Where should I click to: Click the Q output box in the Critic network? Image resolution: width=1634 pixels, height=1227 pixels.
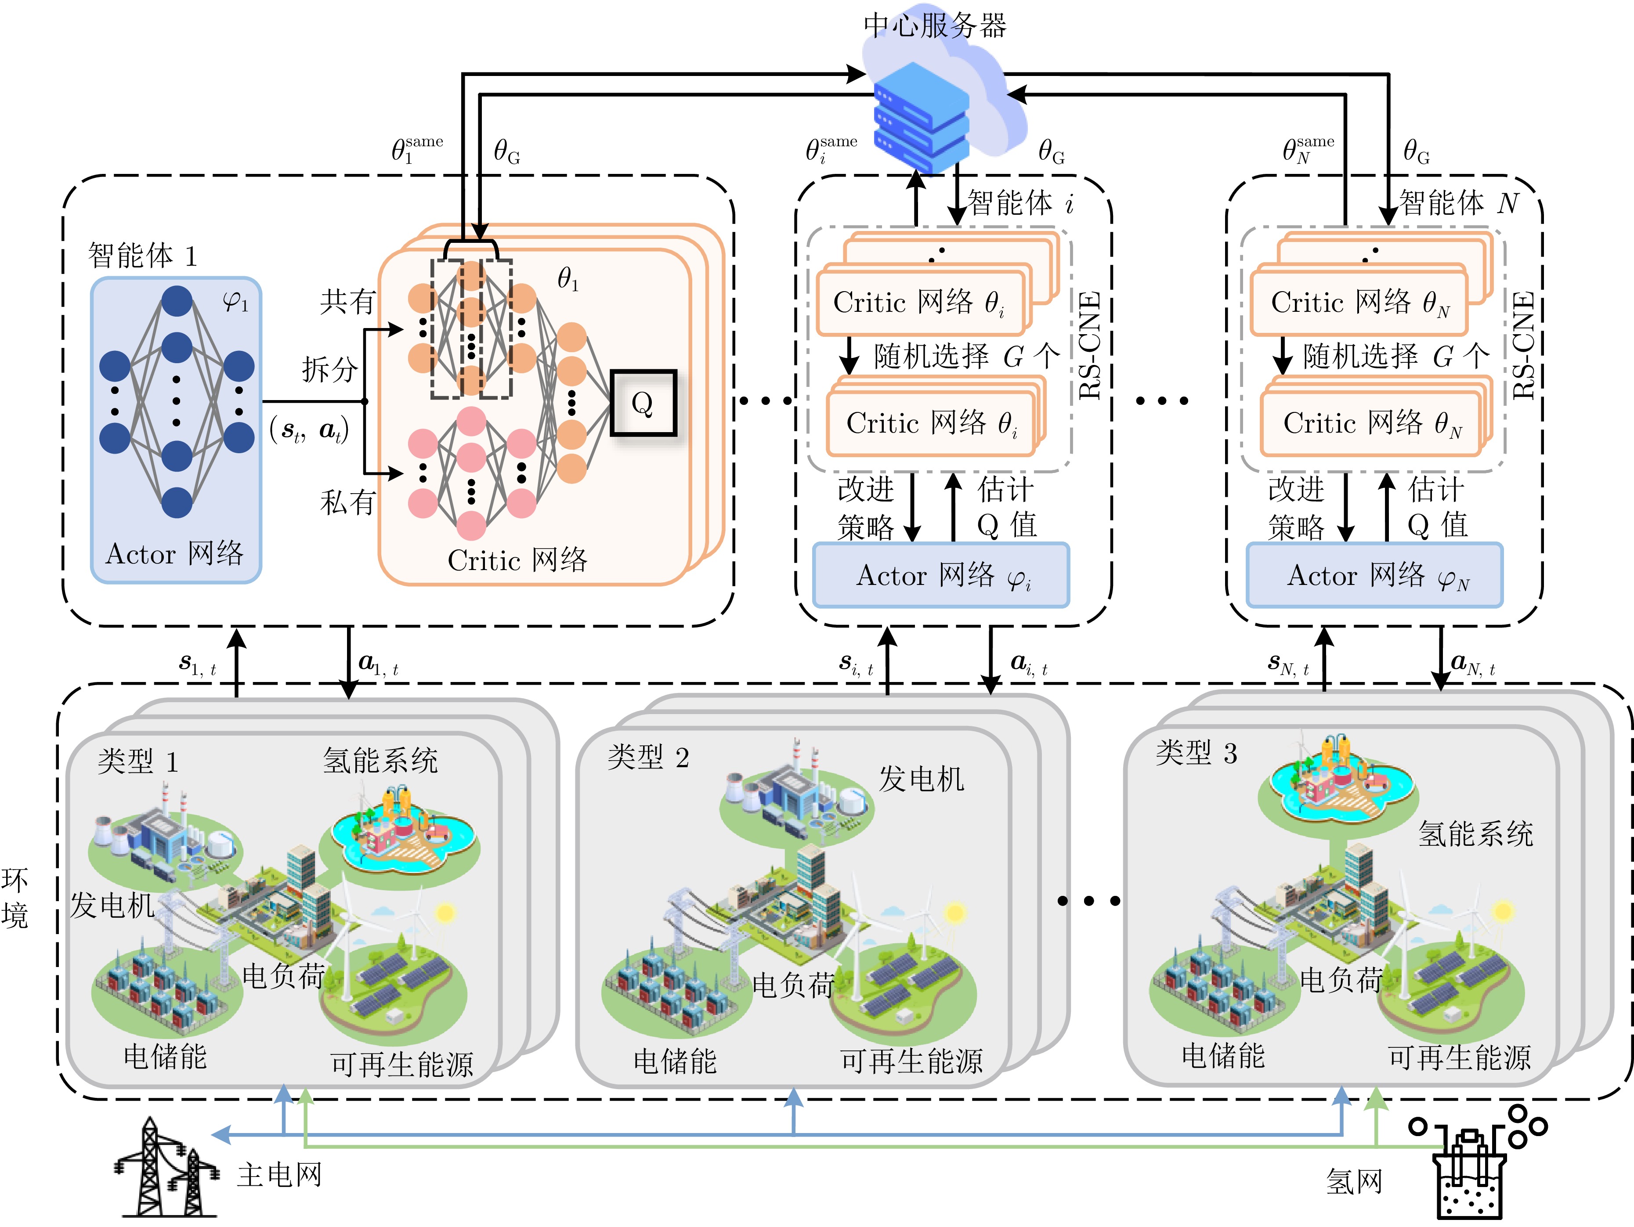643,403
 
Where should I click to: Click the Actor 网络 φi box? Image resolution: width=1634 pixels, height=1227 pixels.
940,575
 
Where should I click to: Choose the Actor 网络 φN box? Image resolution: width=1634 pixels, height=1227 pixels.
1374,575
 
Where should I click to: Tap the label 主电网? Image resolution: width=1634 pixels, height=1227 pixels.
279,1175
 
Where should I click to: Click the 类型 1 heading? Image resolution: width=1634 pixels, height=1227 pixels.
138,761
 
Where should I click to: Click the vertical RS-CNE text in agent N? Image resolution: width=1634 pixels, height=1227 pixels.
1524,346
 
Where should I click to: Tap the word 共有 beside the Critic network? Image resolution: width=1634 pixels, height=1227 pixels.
347,301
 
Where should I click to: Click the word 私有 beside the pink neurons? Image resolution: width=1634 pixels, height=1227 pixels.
347,502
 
